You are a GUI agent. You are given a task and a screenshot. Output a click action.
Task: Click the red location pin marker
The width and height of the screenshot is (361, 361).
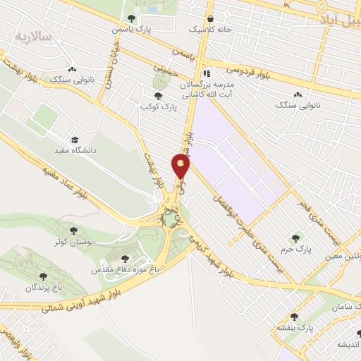(x=180, y=166)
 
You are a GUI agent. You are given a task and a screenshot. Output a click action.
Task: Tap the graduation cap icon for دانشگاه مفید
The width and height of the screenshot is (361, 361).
(x=75, y=139)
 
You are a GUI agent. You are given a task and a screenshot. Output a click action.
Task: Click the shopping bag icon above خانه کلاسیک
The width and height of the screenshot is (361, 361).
(x=210, y=18)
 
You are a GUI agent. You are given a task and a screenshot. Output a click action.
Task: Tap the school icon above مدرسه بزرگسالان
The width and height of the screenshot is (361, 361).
(x=207, y=73)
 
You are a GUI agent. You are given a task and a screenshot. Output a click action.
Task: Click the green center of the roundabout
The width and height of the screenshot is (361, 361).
(x=171, y=220)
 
